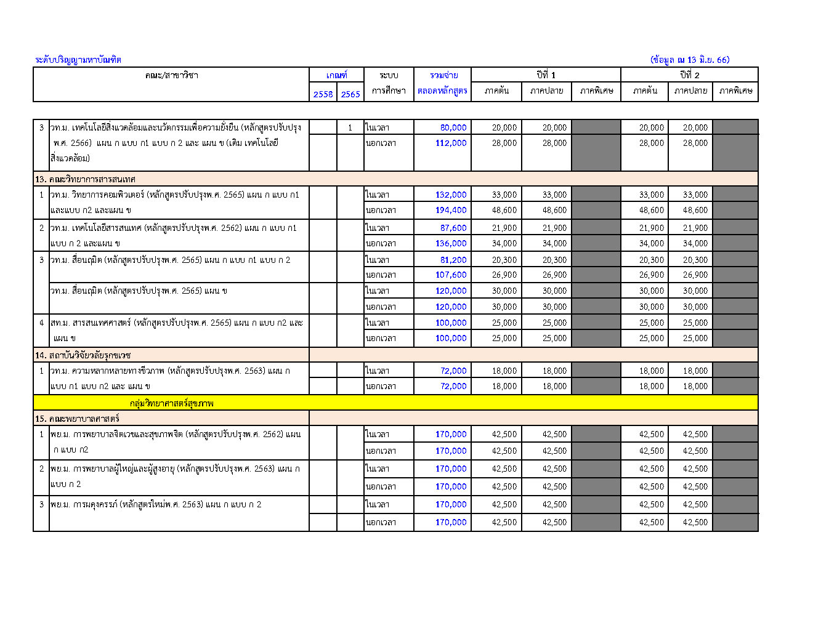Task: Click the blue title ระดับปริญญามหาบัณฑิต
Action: (78, 60)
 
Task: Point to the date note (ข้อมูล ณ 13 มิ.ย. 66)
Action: (689, 60)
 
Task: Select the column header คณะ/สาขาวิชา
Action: (171, 75)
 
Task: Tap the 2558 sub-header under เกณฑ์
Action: (323, 94)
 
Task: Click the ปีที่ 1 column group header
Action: (546, 75)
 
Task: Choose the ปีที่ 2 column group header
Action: (689, 75)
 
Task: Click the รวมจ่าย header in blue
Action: (443, 75)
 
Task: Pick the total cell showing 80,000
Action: (453, 127)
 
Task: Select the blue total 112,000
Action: (451, 143)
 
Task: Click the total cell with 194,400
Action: (451, 210)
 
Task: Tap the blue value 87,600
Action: (453, 228)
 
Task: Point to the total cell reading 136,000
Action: (451, 243)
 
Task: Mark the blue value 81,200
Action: (453, 260)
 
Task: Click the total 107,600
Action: (451, 275)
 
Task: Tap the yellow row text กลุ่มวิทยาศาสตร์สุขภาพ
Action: (172, 403)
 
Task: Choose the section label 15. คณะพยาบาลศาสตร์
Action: (77, 419)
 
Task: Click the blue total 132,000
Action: (451, 195)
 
